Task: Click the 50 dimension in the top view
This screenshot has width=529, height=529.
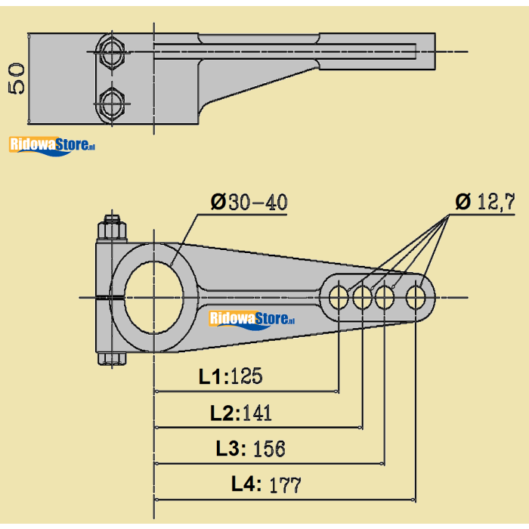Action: pos(17,78)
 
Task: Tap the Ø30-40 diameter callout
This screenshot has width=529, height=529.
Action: pos(249,203)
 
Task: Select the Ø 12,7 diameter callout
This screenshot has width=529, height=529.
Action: pos(485,202)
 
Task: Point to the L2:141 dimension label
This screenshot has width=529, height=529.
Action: pos(241,413)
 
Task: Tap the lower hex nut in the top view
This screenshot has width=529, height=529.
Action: pos(113,104)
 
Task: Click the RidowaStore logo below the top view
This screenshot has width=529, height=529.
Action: pos(51,144)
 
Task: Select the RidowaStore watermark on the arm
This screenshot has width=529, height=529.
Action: pos(252,319)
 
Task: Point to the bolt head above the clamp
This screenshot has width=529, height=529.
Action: pos(111,227)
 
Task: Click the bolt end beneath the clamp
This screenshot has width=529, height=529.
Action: pos(111,359)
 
